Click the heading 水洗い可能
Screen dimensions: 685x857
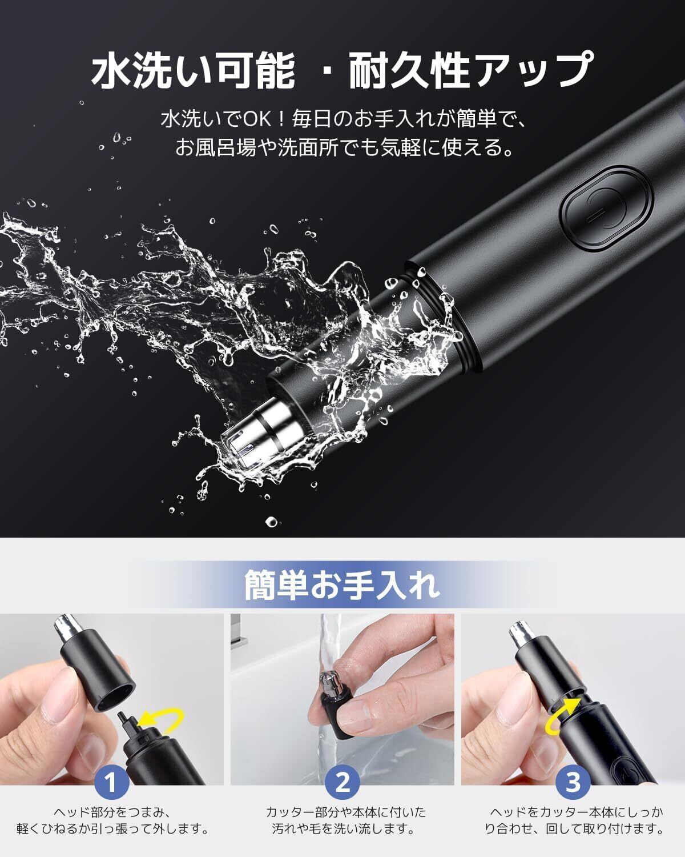point(194,70)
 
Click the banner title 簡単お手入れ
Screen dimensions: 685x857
point(342,586)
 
